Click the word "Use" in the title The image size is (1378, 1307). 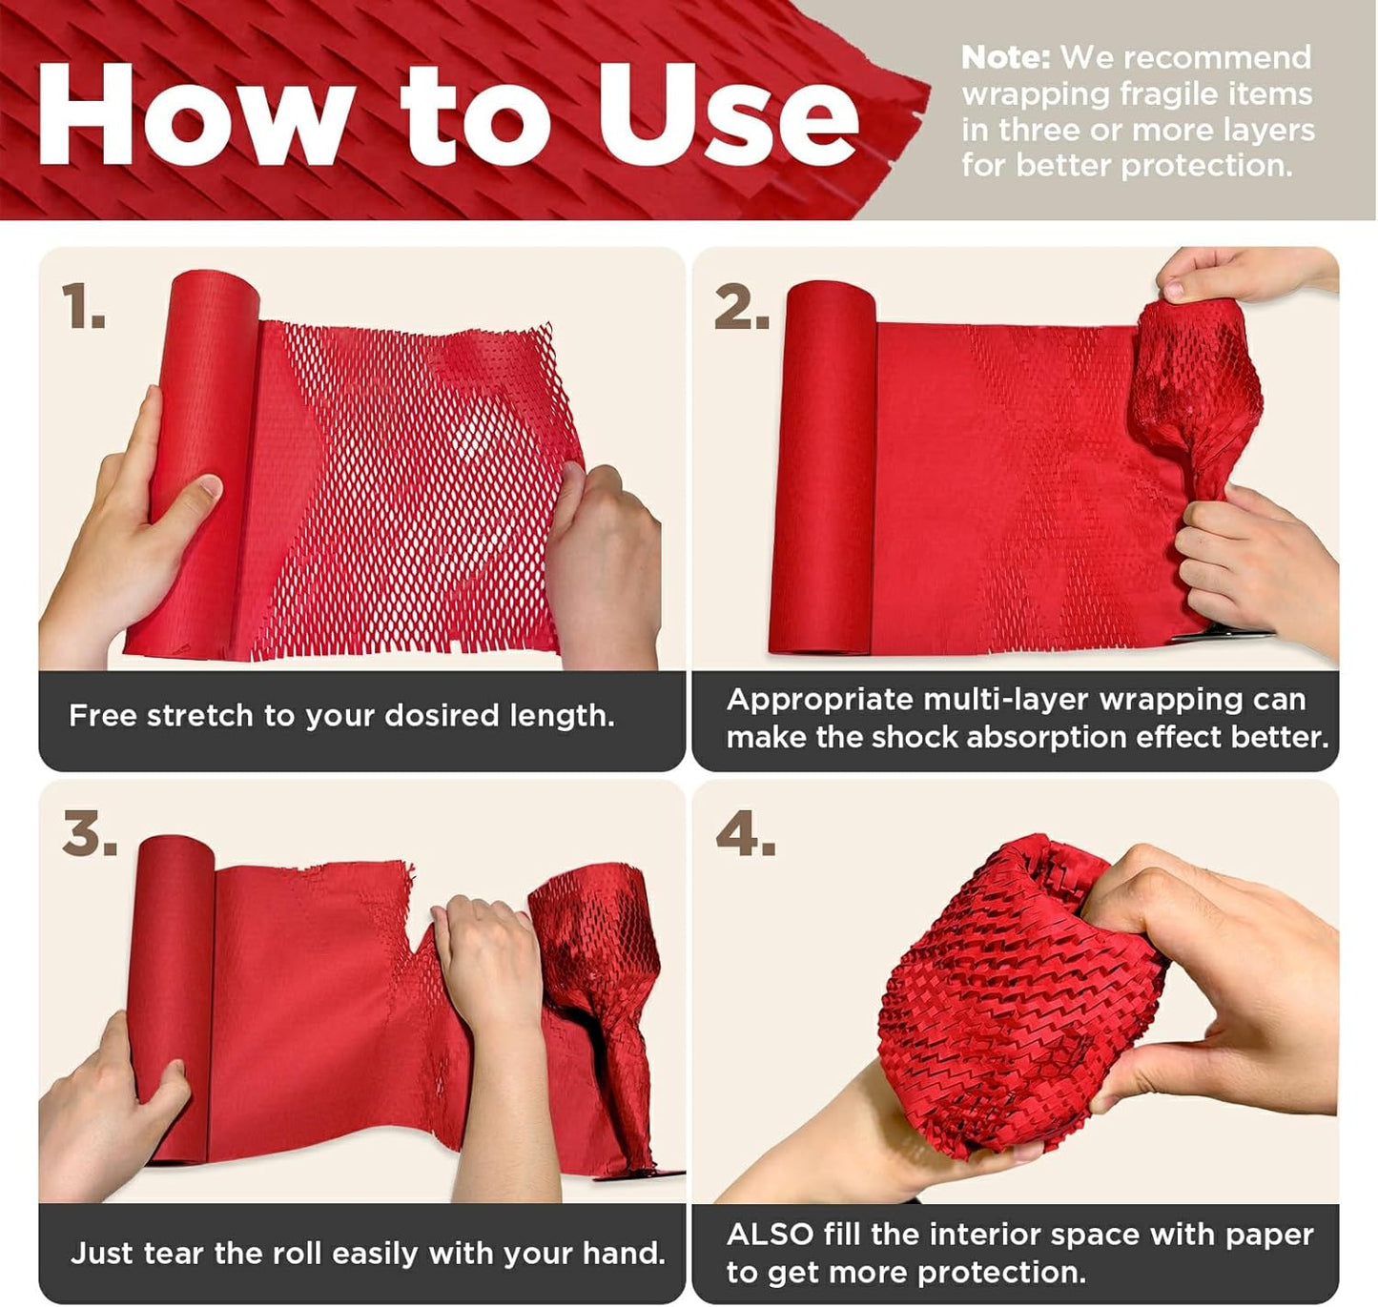(x=727, y=116)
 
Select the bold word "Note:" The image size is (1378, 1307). (x=1004, y=57)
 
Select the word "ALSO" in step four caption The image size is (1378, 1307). (x=769, y=1235)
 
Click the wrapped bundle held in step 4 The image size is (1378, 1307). (x=1011, y=1001)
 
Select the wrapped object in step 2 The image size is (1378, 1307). (x=1197, y=391)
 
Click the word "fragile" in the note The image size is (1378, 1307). (x=1167, y=93)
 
